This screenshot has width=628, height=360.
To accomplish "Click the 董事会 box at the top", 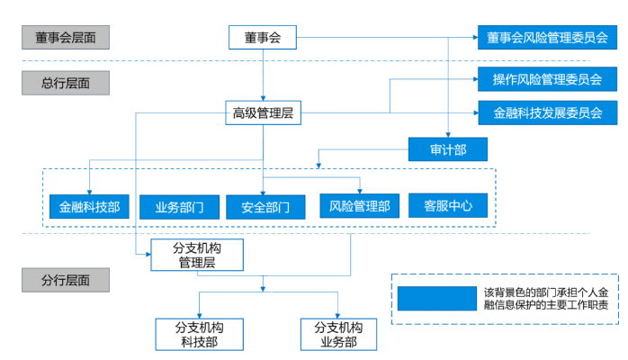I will pyautogui.click(x=263, y=38).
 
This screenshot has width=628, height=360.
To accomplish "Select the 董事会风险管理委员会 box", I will pyautogui.click(x=547, y=38).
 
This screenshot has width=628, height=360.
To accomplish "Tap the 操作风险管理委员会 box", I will pyautogui.click(x=547, y=79).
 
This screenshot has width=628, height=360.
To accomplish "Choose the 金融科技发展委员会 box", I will pyautogui.click(x=547, y=113).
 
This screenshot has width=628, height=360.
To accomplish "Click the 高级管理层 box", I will pyautogui.click(x=263, y=113).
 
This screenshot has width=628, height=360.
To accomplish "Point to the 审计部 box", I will pyautogui.click(x=447, y=148).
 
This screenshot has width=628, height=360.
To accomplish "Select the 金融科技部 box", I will pyautogui.click(x=88, y=206).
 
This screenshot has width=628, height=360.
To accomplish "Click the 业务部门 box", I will pyautogui.click(x=179, y=206).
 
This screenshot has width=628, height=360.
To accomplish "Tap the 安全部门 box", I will pyautogui.click(x=265, y=206).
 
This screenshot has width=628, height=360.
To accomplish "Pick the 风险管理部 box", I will pyautogui.click(x=359, y=206).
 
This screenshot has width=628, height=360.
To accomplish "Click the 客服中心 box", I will pyautogui.click(x=447, y=206).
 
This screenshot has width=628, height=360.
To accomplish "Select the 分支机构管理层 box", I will pyautogui.click(x=196, y=255).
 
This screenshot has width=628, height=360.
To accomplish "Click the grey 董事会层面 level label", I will pyautogui.click(x=66, y=38).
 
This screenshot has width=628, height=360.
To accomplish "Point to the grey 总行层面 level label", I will pyautogui.click(x=66, y=83).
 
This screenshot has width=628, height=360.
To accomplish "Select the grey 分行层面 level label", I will pyautogui.click(x=66, y=279).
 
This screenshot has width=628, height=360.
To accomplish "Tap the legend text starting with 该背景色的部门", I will pyautogui.click(x=545, y=299).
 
